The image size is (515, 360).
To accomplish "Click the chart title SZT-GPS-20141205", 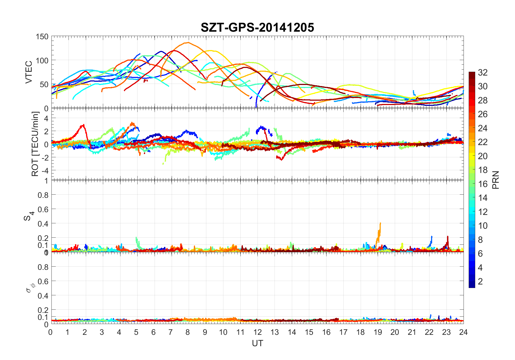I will click(x=257, y=27).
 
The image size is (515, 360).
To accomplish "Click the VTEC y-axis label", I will click(x=29, y=72).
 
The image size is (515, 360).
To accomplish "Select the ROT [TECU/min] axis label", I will click(x=35, y=144).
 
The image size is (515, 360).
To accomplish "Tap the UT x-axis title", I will click(x=257, y=343).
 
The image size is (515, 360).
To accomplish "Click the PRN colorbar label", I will click(x=496, y=180).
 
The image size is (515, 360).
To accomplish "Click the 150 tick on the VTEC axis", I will click(x=42, y=37).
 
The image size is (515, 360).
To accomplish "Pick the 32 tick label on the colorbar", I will click(x=483, y=72).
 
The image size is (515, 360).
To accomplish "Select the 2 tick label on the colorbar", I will click(x=480, y=281).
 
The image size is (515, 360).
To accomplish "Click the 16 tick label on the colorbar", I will click(x=483, y=184).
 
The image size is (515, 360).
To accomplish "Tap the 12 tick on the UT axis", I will click(x=257, y=332).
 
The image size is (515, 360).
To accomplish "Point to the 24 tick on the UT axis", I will click(x=463, y=332).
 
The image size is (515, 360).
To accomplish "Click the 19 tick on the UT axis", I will click(x=378, y=332).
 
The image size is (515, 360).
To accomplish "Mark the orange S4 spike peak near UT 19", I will click(x=380, y=223).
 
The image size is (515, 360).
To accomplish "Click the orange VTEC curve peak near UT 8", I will click(x=188, y=42).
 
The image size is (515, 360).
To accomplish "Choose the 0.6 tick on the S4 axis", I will click(x=43, y=209).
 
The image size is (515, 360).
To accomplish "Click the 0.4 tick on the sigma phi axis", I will click(x=43, y=296).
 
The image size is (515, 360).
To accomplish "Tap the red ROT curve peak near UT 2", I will click(x=84, y=125).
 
